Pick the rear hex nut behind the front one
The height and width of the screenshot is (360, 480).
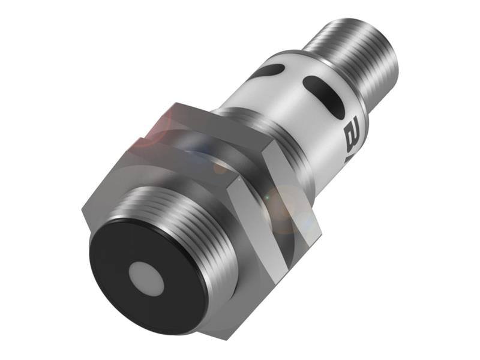coord(198,132)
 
